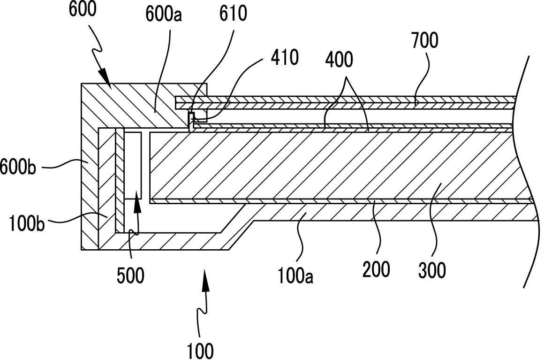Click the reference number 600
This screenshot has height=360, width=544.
click(x=83, y=9)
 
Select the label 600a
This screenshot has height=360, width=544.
click(x=164, y=15)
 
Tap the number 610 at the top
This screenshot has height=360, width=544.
click(x=233, y=14)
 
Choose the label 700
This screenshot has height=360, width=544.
click(x=425, y=41)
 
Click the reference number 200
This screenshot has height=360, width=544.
click(x=376, y=270)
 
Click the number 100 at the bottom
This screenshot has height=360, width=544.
click(x=200, y=350)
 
